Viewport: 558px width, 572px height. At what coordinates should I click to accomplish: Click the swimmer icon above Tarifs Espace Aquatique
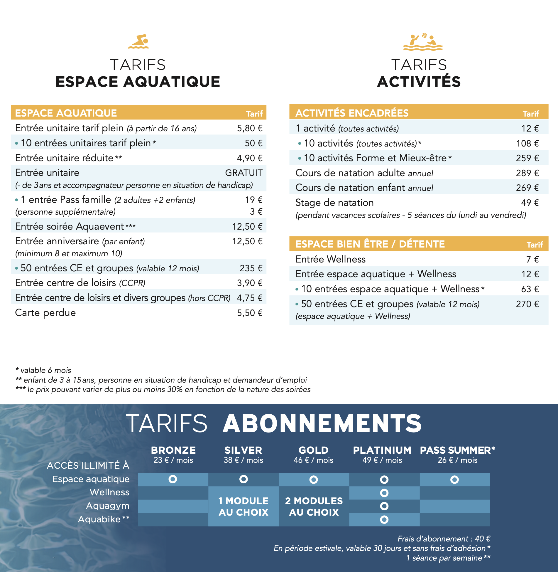(138, 42)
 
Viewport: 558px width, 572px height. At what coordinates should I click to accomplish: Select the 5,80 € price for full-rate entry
(249, 128)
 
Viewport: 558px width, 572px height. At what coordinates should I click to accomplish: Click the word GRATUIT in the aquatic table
(244, 173)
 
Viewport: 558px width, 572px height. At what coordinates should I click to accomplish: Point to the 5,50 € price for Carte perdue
(249, 313)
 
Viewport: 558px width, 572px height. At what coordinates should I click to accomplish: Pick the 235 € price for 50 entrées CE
(251, 268)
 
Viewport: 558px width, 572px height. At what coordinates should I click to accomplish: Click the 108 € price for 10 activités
(527, 144)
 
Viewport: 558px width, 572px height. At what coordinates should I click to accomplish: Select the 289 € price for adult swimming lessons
(527, 173)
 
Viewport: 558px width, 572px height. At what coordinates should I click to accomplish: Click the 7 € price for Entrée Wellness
(532, 260)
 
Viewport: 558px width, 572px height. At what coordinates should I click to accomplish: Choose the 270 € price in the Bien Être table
(527, 304)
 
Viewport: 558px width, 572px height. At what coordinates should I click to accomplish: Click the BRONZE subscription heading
(173, 450)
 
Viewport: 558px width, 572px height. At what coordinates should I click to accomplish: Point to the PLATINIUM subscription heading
(382, 450)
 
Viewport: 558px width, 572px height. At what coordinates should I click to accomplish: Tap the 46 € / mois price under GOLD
(313, 460)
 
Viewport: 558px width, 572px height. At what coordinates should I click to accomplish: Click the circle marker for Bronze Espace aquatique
(173, 480)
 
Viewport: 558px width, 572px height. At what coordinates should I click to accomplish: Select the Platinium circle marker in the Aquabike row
(384, 520)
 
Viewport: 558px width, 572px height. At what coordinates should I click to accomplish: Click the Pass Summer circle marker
(454, 480)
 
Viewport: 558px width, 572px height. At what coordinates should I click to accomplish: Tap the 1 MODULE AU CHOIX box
(244, 507)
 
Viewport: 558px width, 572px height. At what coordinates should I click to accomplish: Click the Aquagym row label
(108, 506)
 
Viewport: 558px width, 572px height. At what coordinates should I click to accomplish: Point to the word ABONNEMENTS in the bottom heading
(322, 424)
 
